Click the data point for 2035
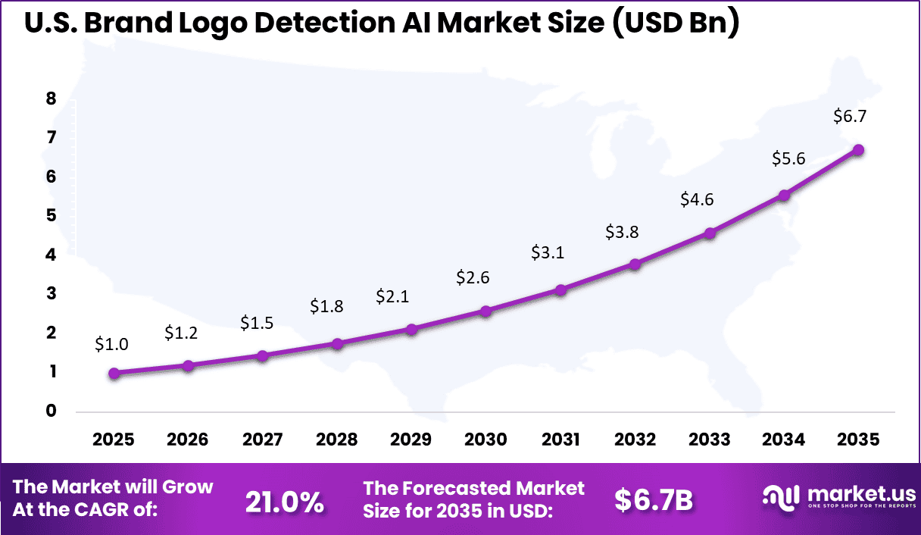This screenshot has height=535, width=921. click(858, 150)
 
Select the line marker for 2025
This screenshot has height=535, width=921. click(114, 373)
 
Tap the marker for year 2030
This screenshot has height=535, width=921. click(486, 311)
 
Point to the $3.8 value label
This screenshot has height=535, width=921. click(622, 233)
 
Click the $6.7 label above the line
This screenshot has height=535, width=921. click(849, 117)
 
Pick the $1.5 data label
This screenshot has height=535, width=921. click(257, 323)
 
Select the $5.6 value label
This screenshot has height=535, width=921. click(788, 158)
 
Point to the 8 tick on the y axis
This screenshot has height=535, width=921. click(51, 99)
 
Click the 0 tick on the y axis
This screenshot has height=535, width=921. click(51, 411)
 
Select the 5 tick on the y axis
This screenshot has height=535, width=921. click(51, 216)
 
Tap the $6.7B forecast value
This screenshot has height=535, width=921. click(654, 500)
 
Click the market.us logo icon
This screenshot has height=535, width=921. click(780, 497)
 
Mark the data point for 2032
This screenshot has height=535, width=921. click(635, 264)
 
